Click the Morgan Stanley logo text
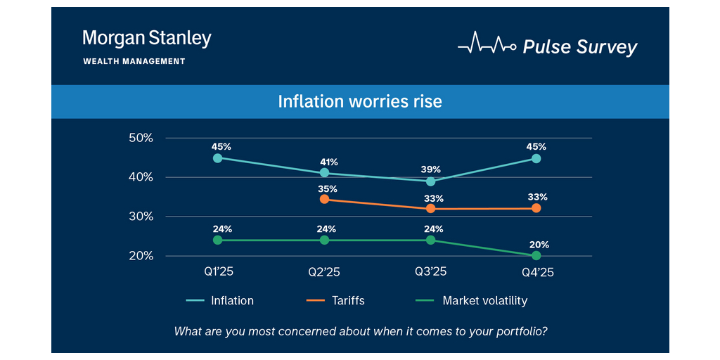[x=147, y=39]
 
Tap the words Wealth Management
[x=134, y=61]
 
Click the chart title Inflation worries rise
[x=360, y=101]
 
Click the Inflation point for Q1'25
[x=218, y=158]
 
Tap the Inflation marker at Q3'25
[x=431, y=181]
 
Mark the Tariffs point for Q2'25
[x=324, y=199]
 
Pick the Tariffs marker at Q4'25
[x=536, y=208]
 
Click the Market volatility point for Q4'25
[x=536, y=255]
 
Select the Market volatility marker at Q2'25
[x=324, y=240]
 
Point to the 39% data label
[x=431, y=169]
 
